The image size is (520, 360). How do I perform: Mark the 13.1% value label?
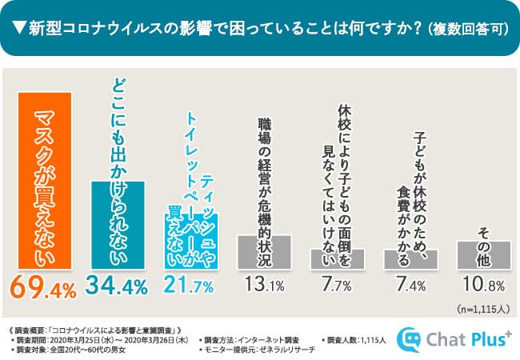[x=263, y=285]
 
